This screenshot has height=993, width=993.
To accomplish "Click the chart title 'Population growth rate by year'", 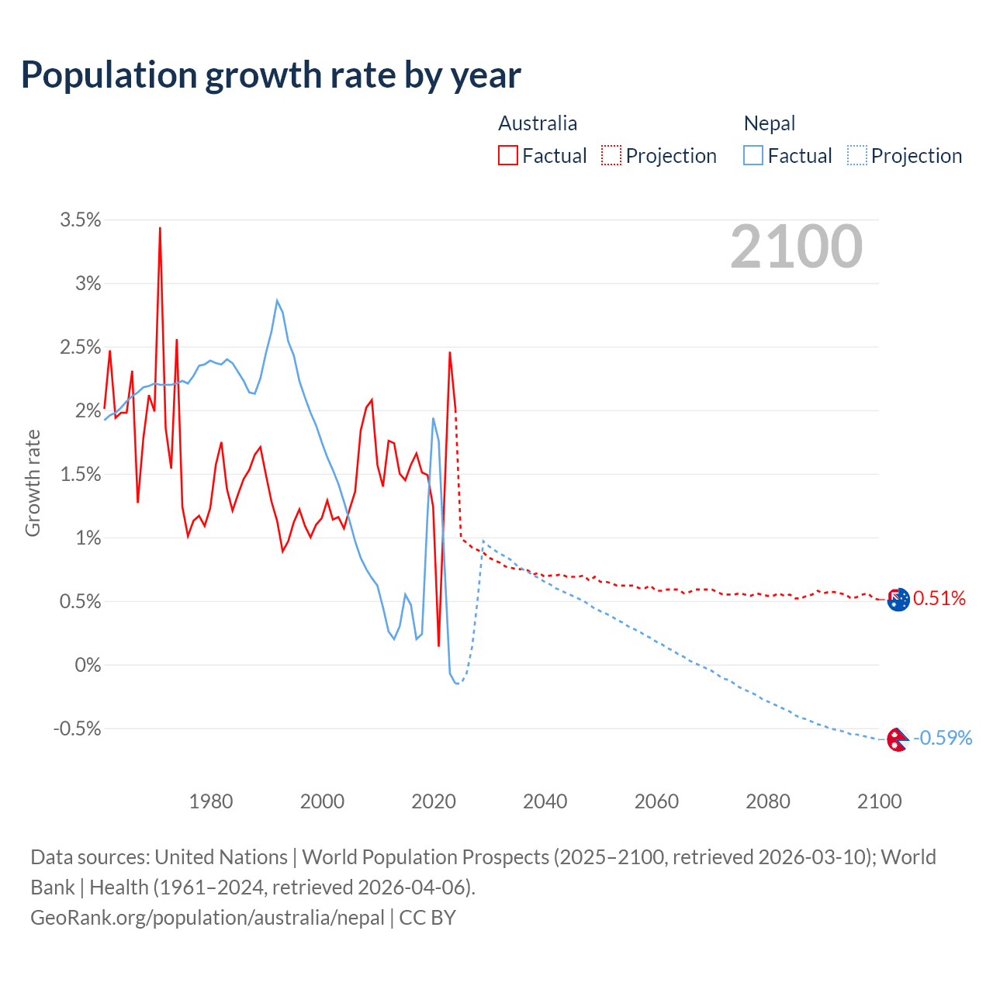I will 271,75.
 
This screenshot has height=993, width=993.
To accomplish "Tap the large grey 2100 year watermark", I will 796,247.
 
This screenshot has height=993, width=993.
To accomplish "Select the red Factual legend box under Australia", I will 508,155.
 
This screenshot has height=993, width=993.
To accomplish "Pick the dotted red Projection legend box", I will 611,155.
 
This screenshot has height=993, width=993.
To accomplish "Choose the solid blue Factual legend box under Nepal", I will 753,155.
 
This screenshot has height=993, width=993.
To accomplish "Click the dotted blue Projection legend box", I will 857,155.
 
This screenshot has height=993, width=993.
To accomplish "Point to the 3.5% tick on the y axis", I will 81,220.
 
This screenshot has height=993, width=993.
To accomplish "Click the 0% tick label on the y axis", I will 88,665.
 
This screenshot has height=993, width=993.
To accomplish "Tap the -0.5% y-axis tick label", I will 77,728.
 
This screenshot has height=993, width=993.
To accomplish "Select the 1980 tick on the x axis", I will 211,801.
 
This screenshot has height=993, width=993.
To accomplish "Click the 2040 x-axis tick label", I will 545,801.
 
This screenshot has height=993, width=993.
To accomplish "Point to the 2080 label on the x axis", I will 768,801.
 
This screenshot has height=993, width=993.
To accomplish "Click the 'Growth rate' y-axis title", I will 33,483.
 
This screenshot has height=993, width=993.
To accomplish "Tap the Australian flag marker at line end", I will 898,600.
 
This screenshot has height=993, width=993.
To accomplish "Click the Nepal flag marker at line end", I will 897,739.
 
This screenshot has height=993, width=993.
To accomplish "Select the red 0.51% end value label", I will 939,598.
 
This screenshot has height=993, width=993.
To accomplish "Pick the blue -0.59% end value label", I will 943,738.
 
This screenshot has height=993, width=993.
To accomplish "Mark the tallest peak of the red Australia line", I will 160,228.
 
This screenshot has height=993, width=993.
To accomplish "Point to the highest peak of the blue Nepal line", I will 277,300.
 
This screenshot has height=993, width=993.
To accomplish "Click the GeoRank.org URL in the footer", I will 207,918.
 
